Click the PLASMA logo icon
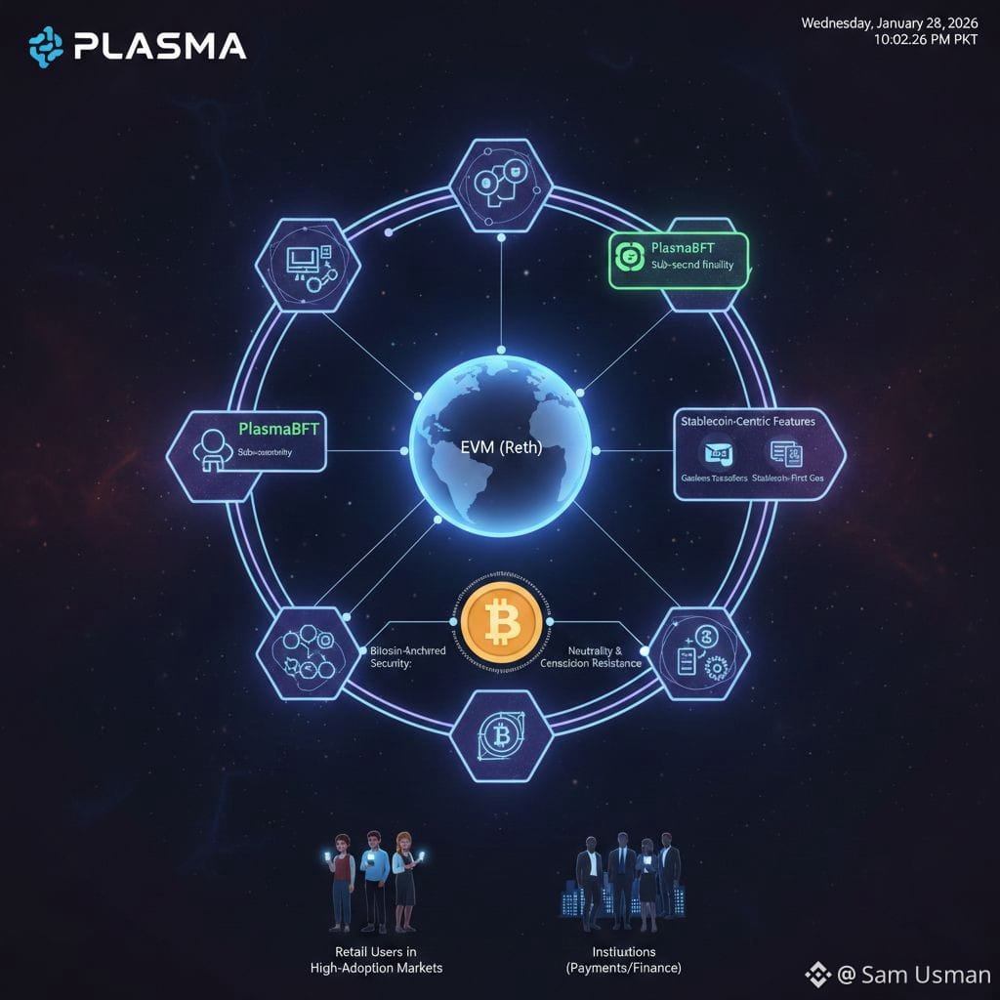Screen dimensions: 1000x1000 (45, 45)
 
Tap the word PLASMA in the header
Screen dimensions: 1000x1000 (158, 45)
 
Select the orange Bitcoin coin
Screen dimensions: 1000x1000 (499, 621)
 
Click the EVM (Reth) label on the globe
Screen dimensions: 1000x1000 (501, 450)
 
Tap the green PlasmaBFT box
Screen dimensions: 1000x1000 (678, 260)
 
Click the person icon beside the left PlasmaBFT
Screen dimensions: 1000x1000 (209, 448)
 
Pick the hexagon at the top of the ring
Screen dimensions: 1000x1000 (499, 185)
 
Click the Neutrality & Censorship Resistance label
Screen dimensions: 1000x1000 (591, 656)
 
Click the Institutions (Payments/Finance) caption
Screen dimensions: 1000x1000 (624, 959)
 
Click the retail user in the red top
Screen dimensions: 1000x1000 (341, 880)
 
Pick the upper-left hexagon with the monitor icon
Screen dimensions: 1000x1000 (307, 264)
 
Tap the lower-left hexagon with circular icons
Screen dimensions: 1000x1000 (307, 652)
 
